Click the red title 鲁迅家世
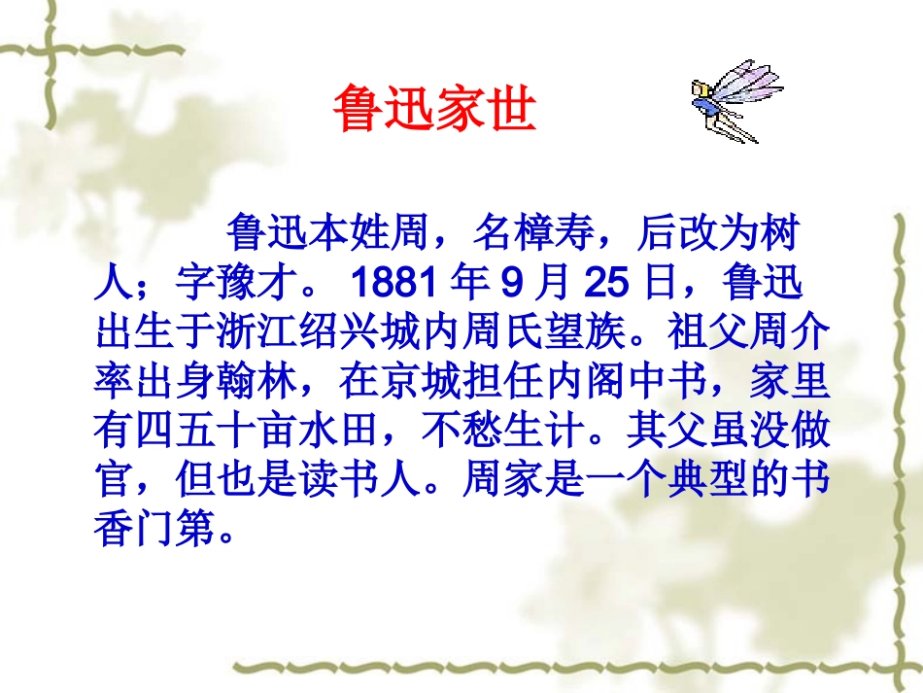pos(433,108)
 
